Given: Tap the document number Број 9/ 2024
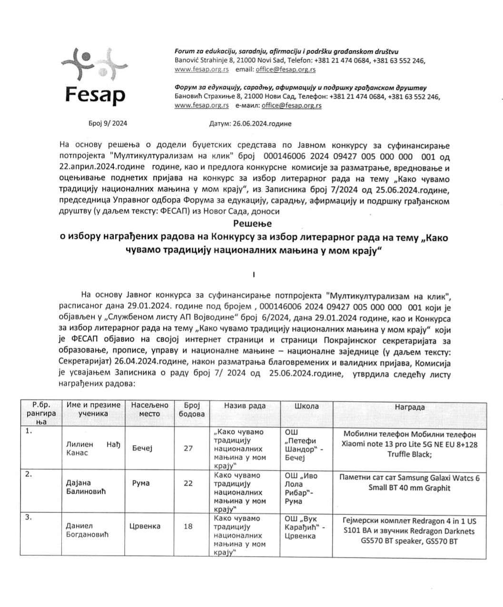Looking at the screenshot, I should pos(108,124).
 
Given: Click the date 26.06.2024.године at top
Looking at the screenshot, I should pos(250,124).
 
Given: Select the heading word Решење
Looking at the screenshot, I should pos(252,223).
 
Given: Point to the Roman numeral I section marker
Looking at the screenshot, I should pos(254,274).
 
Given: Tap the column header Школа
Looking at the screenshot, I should pos(306,406).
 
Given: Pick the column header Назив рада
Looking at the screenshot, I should pos(245,406).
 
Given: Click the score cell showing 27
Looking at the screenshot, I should pos(188,448).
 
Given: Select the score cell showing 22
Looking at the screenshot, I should pos(188,483).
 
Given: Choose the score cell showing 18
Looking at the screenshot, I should pos(188,526).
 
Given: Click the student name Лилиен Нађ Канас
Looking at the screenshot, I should pos(93,449).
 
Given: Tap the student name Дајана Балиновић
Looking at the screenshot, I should pos(86,487).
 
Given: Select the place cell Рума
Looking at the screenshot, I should pos(141,483).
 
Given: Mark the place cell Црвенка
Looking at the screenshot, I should pos(145,526).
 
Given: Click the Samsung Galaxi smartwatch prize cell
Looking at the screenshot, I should pos(409,483).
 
